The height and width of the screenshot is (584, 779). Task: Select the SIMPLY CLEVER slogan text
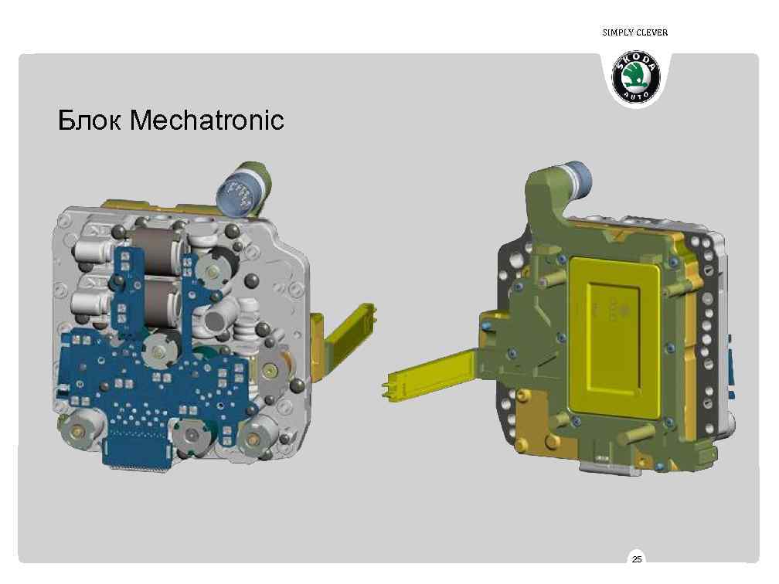tap(634, 32)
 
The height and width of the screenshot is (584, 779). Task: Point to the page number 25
tap(636, 559)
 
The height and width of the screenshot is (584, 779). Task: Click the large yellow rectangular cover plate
tap(618, 332)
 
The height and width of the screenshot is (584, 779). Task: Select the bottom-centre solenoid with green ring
tap(189, 437)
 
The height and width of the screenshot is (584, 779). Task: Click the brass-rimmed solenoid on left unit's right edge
tap(273, 372)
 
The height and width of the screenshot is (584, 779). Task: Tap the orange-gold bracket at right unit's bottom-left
tap(533, 440)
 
